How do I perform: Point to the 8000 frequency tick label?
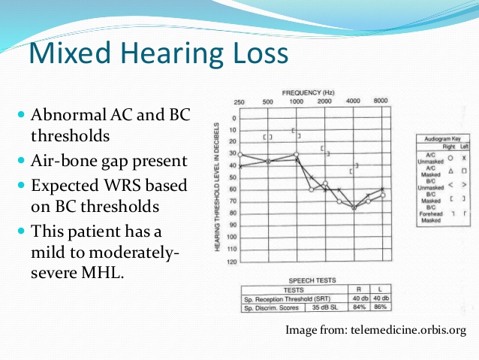point(381,101)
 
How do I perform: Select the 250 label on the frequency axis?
point(239,101)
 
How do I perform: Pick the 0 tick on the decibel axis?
point(233,118)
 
